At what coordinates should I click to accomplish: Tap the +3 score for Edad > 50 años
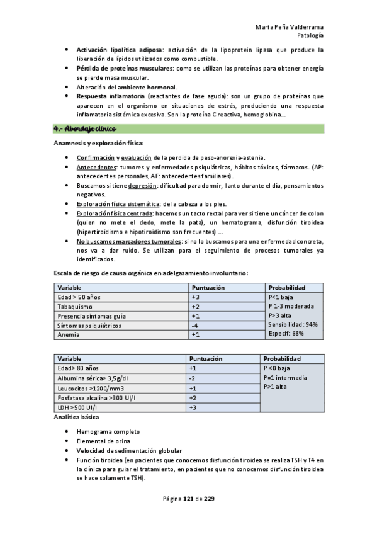coord(196,297)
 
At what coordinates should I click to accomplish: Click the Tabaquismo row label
coord(76,307)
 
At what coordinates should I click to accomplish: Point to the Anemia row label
coord(68,335)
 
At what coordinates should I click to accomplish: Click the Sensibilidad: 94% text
coord(293,325)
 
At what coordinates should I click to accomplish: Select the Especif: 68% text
coord(286,334)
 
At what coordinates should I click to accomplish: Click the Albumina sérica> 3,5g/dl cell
coord(92,378)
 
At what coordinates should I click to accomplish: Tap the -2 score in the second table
coord(193,378)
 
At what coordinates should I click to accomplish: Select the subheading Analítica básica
coord(76,418)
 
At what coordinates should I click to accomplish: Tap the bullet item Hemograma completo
coord(109,432)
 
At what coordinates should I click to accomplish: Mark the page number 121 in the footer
coord(188,499)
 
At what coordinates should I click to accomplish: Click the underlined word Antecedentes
coord(96,168)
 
